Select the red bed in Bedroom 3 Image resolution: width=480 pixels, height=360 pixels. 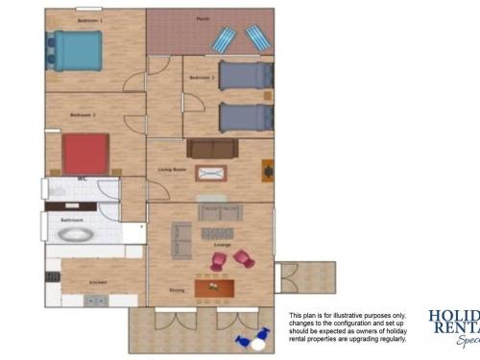coord(86,153)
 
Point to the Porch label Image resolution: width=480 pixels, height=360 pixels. coord(204,18)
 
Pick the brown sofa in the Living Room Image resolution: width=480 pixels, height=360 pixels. coord(211,148)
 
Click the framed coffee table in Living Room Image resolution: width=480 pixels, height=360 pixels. coord(211,173)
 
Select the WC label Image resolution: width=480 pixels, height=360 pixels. coord(84,179)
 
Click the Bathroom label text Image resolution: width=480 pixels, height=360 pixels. coord(72,220)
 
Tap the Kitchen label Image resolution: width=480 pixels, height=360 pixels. coord(97,282)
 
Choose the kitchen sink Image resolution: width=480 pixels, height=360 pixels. coord(95,300)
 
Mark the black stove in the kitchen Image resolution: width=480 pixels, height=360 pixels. coord(48,276)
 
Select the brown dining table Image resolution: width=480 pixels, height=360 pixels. coord(214,287)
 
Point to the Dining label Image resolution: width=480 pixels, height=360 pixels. coord(177,290)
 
